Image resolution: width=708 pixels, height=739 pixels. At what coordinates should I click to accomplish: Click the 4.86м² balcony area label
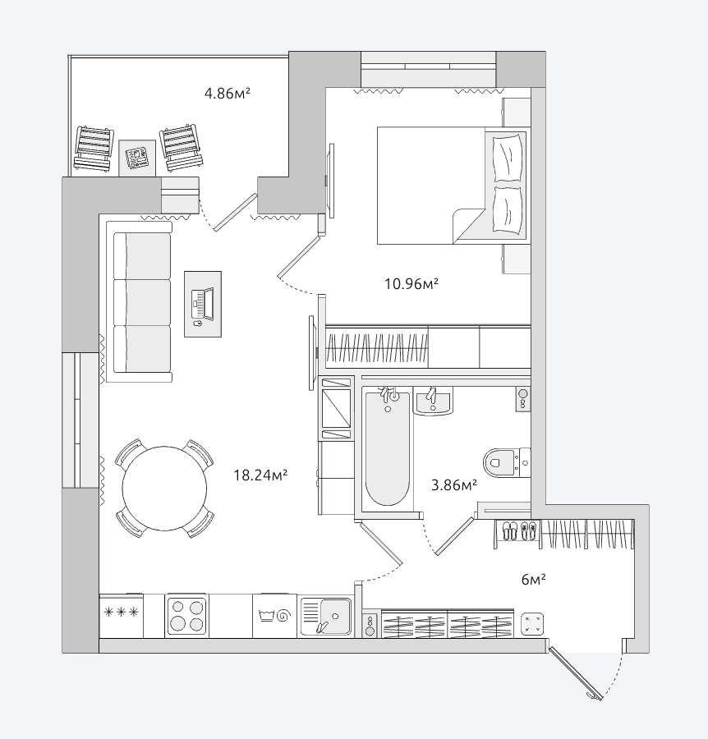pos(228,93)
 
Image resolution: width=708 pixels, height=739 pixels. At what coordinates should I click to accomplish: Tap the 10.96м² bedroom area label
pos(411,284)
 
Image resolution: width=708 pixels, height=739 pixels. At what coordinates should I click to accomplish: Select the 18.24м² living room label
pos(260,475)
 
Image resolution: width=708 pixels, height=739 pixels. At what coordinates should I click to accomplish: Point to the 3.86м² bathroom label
pos(454,484)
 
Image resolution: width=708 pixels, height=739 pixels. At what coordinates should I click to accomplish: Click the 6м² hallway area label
pos(534,579)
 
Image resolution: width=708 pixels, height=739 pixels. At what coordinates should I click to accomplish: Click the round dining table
pos(164,489)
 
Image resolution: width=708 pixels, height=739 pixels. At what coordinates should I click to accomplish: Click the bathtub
pos(388,448)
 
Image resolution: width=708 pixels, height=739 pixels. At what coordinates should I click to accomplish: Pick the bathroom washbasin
pos(433,401)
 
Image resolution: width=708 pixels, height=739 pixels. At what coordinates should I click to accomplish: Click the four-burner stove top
pos(186,616)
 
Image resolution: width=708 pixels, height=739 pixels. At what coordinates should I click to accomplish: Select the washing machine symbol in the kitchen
pos(274,616)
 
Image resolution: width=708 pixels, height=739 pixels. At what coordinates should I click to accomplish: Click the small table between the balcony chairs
pos(137,158)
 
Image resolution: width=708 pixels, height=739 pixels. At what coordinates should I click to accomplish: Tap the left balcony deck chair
pos(94,149)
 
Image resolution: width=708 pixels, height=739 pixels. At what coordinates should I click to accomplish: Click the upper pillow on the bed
pos(508,158)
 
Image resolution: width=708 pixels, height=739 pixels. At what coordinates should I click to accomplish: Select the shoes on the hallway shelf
pos(519,530)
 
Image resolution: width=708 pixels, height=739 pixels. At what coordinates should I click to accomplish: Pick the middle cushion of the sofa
pos(142,302)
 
